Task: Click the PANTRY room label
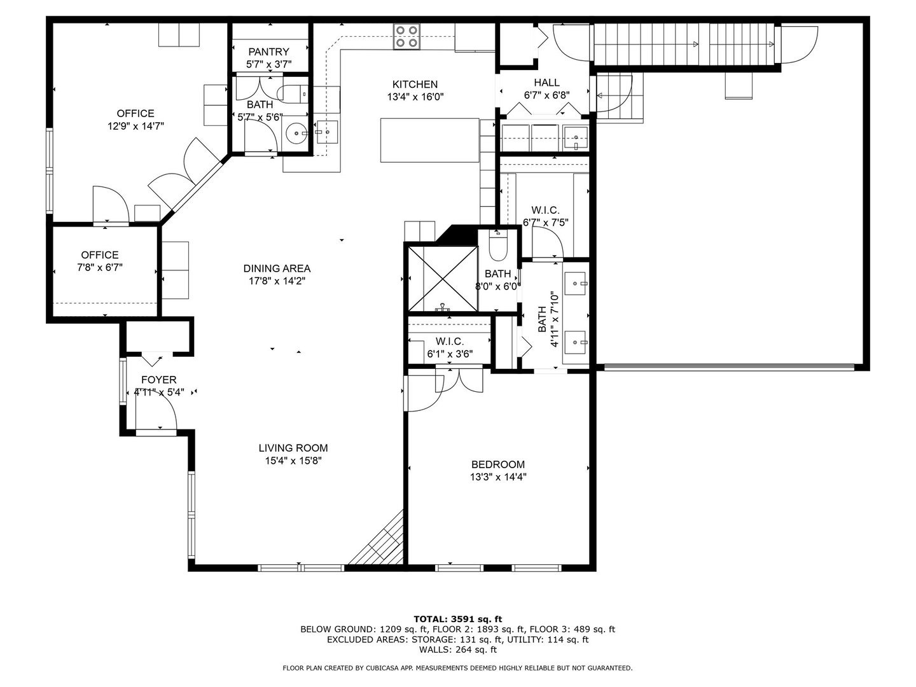[x=268, y=52]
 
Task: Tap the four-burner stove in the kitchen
[x=406, y=36]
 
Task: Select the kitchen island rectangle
[x=429, y=140]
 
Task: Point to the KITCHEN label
[x=415, y=84]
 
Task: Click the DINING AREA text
[x=277, y=268]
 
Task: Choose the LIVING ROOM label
[x=293, y=448]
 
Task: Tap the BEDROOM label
[x=498, y=464]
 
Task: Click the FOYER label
[x=158, y=380]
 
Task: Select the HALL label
[x=546, y=82]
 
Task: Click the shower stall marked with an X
[x=443, y=279]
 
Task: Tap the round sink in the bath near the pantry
[x=296, y=133]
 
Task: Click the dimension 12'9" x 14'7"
[x=135, y=126]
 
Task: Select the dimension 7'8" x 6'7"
[x=100, y=267]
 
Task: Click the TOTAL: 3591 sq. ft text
[x=458, y=619]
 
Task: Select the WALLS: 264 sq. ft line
[x=458, y=649]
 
